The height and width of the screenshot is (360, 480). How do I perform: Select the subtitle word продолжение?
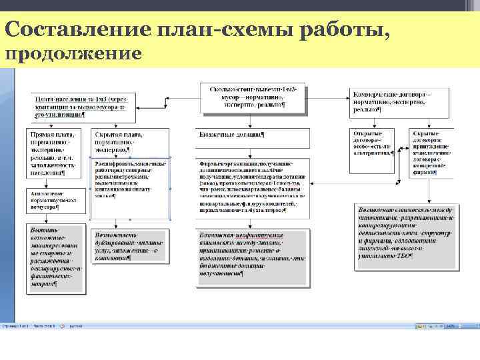73,53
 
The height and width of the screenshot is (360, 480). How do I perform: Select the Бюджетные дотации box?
252,135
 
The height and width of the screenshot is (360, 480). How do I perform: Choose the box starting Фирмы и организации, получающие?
252,187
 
